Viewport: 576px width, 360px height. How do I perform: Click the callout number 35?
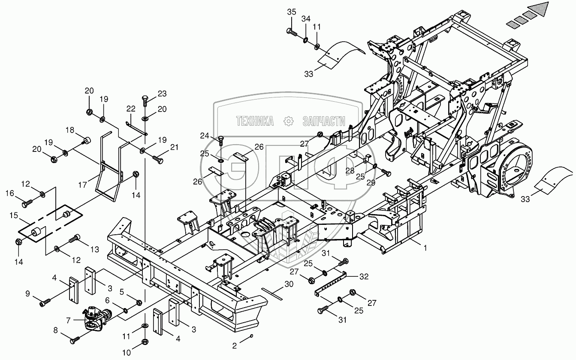tap(292, 12)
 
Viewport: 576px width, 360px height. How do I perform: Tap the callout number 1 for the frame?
tap(425, 248)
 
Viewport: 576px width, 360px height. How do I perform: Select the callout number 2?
tap(234, 346)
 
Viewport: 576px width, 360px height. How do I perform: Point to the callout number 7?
tap(68, 321)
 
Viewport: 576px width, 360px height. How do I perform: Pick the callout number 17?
tap(83, 185)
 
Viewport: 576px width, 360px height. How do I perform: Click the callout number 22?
tap(131, 109)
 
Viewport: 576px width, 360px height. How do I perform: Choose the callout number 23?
tap(162, 94)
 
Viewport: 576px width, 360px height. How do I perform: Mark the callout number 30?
tap(289, 284)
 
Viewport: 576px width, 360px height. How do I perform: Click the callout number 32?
tap(364, 277)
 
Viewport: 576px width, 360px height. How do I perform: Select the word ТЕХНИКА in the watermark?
tap(255, 121)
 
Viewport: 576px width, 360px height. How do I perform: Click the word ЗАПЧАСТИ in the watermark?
tap(324, 121)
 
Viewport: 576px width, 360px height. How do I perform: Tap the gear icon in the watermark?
tap(288, 121)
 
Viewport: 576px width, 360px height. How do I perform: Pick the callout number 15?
tap(14, 215)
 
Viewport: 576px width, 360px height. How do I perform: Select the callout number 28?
tap(350, 171)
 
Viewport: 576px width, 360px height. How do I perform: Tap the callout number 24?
tap(205, 136)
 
